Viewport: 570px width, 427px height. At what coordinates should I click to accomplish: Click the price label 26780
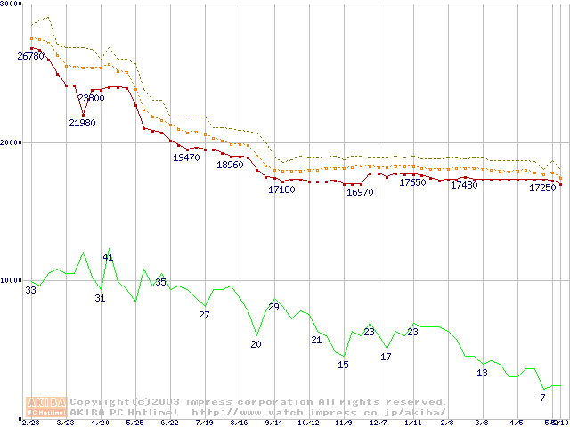[x=31, y=56]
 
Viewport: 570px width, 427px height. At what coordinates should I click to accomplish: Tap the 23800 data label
[x=91, y=98]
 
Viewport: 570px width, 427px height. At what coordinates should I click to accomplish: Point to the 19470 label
[x=186, y=157]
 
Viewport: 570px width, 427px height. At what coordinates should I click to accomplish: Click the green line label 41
[x=108, y=257]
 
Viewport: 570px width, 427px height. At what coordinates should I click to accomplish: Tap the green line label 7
[x=542, y=397]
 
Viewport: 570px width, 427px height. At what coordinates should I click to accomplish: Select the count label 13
[x=482, y=373]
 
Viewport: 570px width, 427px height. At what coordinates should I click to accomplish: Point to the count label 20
[x=256, y=344]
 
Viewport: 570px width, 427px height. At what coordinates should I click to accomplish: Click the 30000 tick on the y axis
[x=11, y=4]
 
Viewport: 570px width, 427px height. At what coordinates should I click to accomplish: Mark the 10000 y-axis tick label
[x=11, y=280]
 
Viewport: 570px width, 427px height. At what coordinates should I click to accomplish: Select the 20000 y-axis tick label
[x=11, y=142]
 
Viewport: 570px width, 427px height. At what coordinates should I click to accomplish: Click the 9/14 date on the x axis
[x=273, y=423]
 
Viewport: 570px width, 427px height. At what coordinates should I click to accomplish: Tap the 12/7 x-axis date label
[x=379, y=423]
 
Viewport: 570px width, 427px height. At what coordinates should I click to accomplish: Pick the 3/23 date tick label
[x=65, y=423]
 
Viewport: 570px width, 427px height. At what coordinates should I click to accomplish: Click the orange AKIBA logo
[x=47, y=407]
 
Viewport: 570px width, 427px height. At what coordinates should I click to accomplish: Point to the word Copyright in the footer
[x=100, y=401]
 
